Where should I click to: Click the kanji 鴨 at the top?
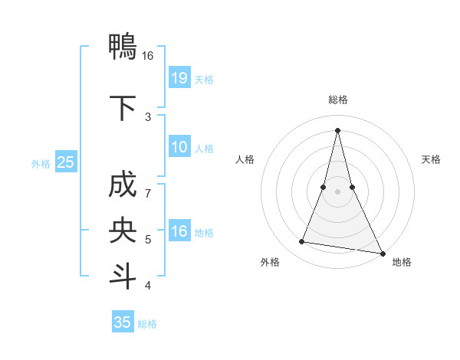tap(123, 48)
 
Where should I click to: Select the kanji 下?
tap(123, 108)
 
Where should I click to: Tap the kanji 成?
tap(123, 186)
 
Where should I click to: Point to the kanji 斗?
tap(123, 276)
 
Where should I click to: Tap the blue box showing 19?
tap(179, 78)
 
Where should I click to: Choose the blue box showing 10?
tap(179, 147)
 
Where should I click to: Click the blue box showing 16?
tap(179, 231)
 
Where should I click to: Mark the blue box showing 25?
tap(65, 162)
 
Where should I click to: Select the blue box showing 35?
tap(123, 322)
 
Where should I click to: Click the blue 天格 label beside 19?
tap(204, 79)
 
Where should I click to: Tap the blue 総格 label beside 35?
tap(147, 323)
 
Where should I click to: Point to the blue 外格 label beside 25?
tap(41, 163)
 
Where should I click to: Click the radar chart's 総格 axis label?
tap(338, 100)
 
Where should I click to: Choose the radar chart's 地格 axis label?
tap(402, 262)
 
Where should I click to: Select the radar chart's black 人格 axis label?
tap(245, 159)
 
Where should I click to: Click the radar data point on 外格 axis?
tap(302, 242)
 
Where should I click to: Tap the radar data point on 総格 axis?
tap(338, 130)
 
